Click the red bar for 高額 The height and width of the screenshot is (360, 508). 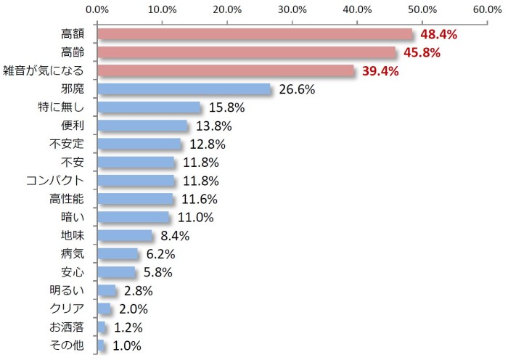tap(254, 34)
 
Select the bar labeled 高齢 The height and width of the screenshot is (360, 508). tap(246, 52)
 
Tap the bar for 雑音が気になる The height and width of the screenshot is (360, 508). tap(226, 70)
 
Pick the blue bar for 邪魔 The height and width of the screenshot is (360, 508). tap(184, 89)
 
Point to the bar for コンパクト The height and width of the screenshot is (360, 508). tap(136, 181)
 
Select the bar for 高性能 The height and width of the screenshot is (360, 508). tap(135, 199)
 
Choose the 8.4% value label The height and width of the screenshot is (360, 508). tap(174, 236)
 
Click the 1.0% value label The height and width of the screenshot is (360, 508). tap(127, 346)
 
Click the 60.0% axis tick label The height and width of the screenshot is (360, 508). tap(486, 9)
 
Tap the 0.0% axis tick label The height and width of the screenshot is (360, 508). tap(97, 9)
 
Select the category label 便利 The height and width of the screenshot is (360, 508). tap(74, 126)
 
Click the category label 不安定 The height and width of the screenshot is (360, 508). tap(67, 144)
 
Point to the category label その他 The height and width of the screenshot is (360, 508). tap(68, 346)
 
